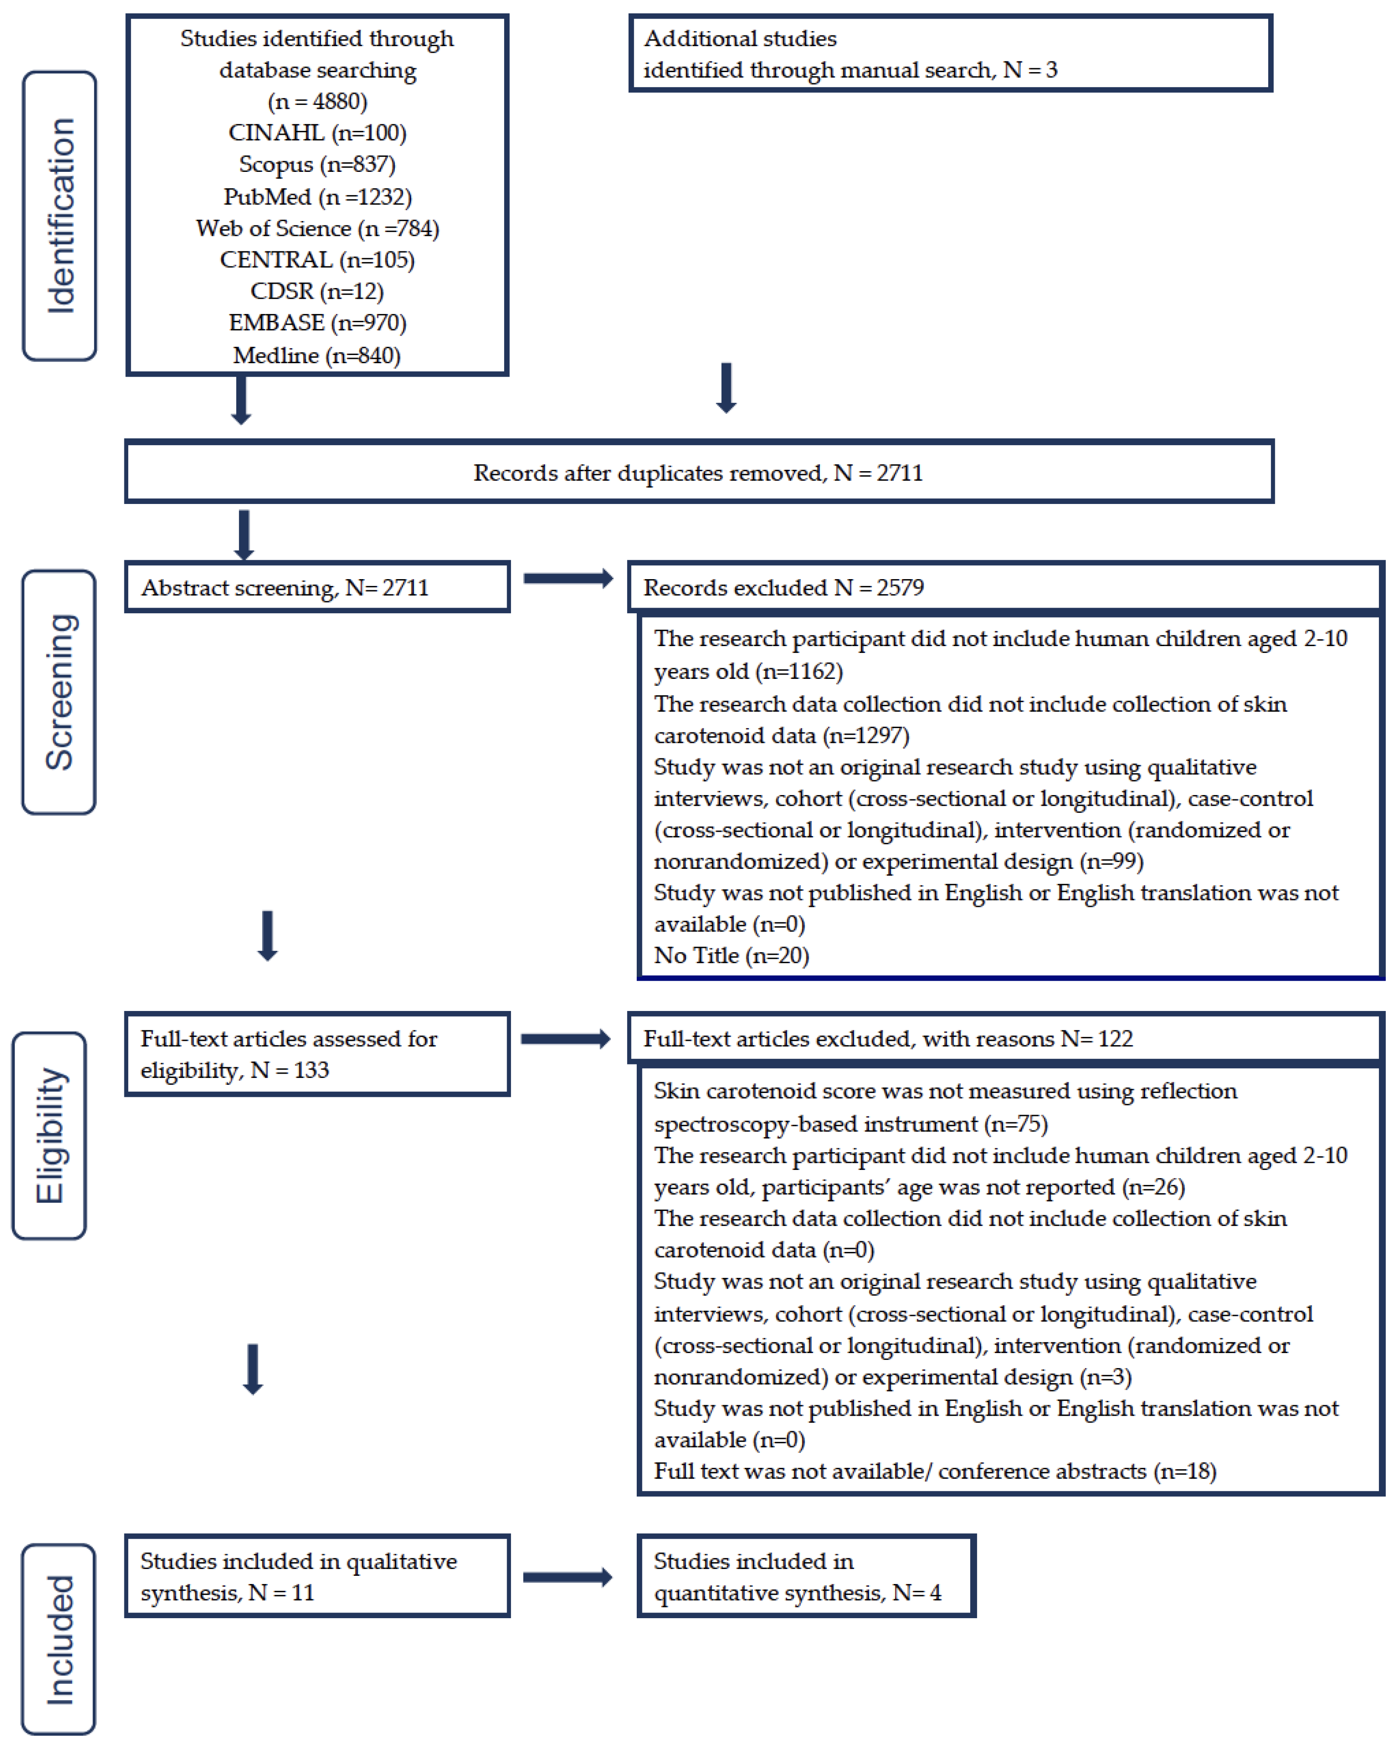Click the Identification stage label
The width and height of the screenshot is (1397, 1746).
(x=59, y=215)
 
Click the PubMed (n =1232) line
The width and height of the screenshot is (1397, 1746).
(x=317, y=197)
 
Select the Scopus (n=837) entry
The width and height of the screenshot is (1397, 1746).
(x=317, y=165)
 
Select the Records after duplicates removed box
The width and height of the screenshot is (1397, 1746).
(x=698, y=472)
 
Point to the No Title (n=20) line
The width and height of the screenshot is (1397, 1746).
(x=731, y=956)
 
